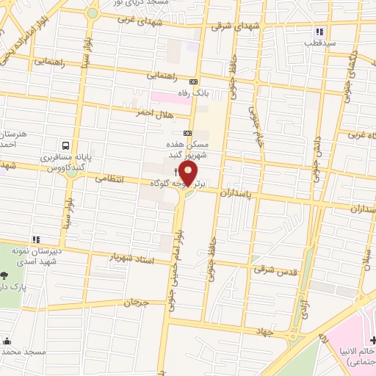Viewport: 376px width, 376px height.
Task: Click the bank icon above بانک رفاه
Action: tap(193, 82)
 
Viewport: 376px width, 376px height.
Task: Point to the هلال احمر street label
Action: tap(153, 112)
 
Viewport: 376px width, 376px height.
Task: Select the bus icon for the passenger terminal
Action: tap(67, 145)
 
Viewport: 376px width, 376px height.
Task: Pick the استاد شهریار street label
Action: tap(134, 258)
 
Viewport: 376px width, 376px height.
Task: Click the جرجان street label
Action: tap(136, 302)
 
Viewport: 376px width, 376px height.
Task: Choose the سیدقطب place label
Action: tap(320, 43)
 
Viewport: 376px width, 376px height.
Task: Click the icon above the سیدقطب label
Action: tap(319, 32)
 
